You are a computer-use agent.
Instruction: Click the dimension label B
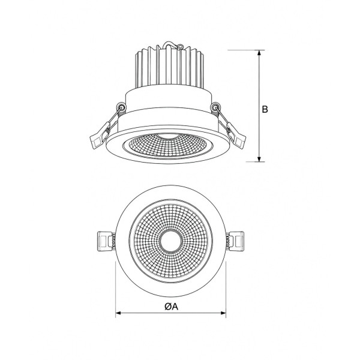[x=265, y=109]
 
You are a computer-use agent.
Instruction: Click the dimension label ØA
[x=171, y=306]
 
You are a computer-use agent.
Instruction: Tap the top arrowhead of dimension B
[x=259, y=53]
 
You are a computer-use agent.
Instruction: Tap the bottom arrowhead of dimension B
[x=259, y=159]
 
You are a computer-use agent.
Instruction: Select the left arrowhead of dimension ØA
[x=118, y=313]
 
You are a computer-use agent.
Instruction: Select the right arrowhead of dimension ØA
[x=223, y=313]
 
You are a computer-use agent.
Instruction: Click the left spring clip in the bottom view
[x=106, y=241]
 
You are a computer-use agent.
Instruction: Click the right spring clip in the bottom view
[x=235, y=241]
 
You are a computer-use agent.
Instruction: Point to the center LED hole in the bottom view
[x=170, y=241]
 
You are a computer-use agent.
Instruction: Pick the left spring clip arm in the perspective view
[x=105, y=128]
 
